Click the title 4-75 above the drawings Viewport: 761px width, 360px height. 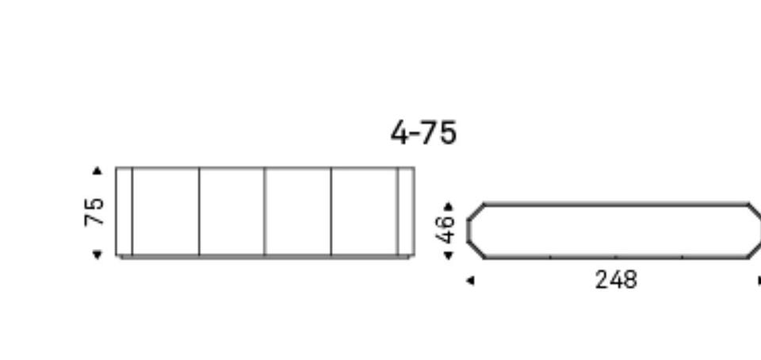pos(423,132)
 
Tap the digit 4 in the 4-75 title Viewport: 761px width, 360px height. pos(400,132)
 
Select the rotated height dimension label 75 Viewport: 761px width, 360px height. pos(94,212)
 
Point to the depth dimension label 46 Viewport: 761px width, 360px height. pos(446,229)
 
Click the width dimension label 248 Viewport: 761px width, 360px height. pos(616,280)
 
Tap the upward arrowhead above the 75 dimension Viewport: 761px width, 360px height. pos(97,170)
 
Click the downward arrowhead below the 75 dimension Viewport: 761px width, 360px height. pos(97,255)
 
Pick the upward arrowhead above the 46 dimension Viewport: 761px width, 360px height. pos(449,207)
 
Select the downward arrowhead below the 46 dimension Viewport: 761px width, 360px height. pos(449,255)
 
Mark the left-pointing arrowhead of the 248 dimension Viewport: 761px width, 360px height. pos(470,281)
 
